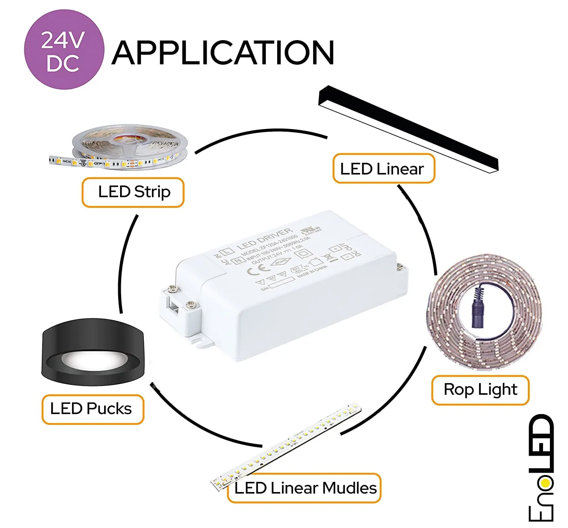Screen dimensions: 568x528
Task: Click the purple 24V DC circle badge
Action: [x=64, y=50]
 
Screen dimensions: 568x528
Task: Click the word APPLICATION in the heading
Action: [x=223, y=53]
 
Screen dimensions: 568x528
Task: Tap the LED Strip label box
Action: [x=133, y=192]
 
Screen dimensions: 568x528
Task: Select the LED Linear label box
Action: [x=383, y=169]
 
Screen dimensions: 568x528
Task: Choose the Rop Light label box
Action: [x=480, y=390]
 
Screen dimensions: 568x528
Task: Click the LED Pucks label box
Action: [x=92, y=409]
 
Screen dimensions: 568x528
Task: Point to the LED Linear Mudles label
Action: [x=305, y=488]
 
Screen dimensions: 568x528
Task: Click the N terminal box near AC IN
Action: [x=237, y=260]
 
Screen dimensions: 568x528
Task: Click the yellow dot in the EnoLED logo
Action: [x=545, y=483]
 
